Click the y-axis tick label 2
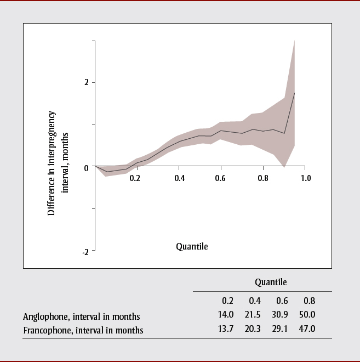click(x=86, y=82)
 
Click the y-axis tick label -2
click(x=85, y=252)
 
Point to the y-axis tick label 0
click(x=86, y=168)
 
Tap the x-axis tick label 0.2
click(x=135, y=178)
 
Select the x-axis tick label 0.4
click(x=180, y=178)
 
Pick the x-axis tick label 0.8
click(x=263, y=178)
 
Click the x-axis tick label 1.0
click(x=306, y=178)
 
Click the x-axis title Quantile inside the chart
click(x=192, y=246)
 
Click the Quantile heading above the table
click(x=271, y=282)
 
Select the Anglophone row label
click(x=82, y=316)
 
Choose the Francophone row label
click(x=83, y=330)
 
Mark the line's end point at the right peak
click(x=295, y=93)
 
